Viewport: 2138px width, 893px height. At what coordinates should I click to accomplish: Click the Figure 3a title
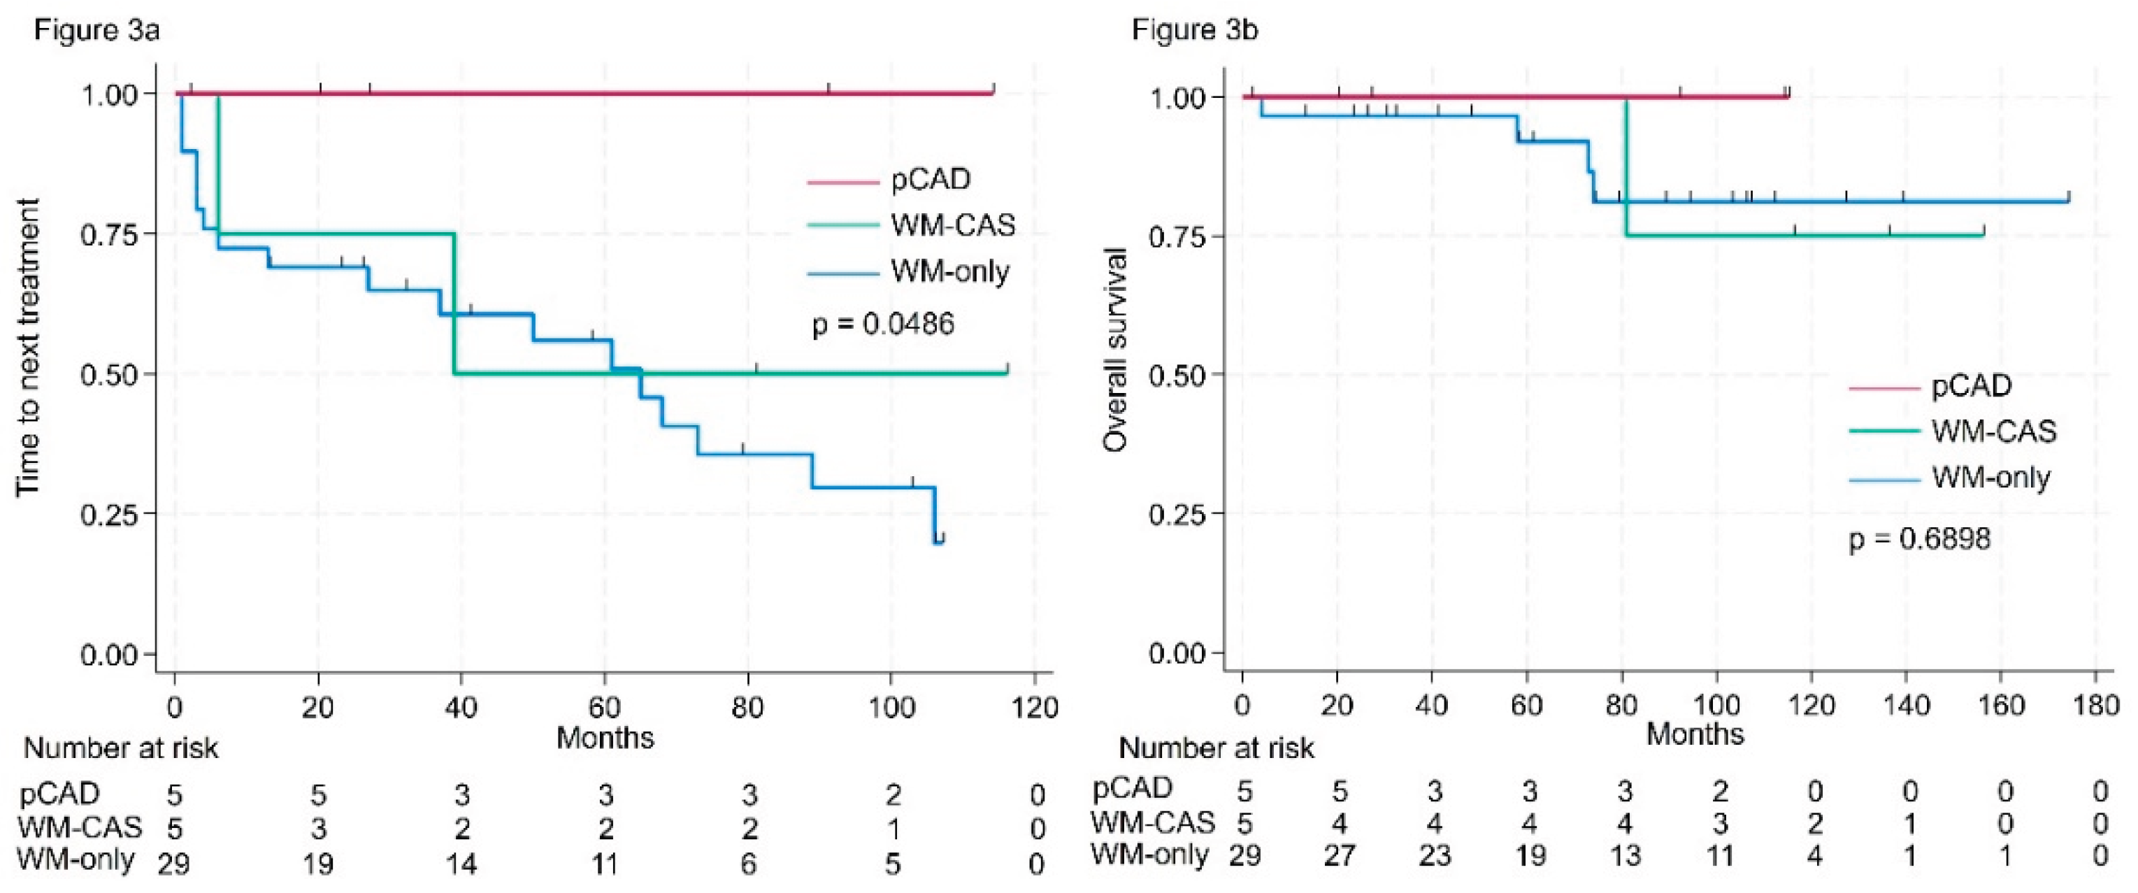point(97,31)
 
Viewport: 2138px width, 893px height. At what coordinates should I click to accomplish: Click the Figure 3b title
point(1194,31)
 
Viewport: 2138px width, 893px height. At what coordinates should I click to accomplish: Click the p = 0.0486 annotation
point(883,324)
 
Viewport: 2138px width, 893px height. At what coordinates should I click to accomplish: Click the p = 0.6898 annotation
point(1919,539)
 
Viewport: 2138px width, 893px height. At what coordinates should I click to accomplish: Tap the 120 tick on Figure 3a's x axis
point(1033,708)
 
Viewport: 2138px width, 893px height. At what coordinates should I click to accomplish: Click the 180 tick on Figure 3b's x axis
point(2095,706)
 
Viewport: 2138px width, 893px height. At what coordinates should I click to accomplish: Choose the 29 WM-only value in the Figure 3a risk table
point(173,864)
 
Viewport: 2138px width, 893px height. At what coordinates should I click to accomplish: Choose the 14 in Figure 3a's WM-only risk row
point(461,864)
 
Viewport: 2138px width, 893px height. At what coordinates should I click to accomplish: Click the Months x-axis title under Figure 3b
point(1695,734)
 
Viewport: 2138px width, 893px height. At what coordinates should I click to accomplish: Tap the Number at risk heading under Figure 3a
point(121,748)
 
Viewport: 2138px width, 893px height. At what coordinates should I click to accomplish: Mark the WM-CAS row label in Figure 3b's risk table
point(1152,822)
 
